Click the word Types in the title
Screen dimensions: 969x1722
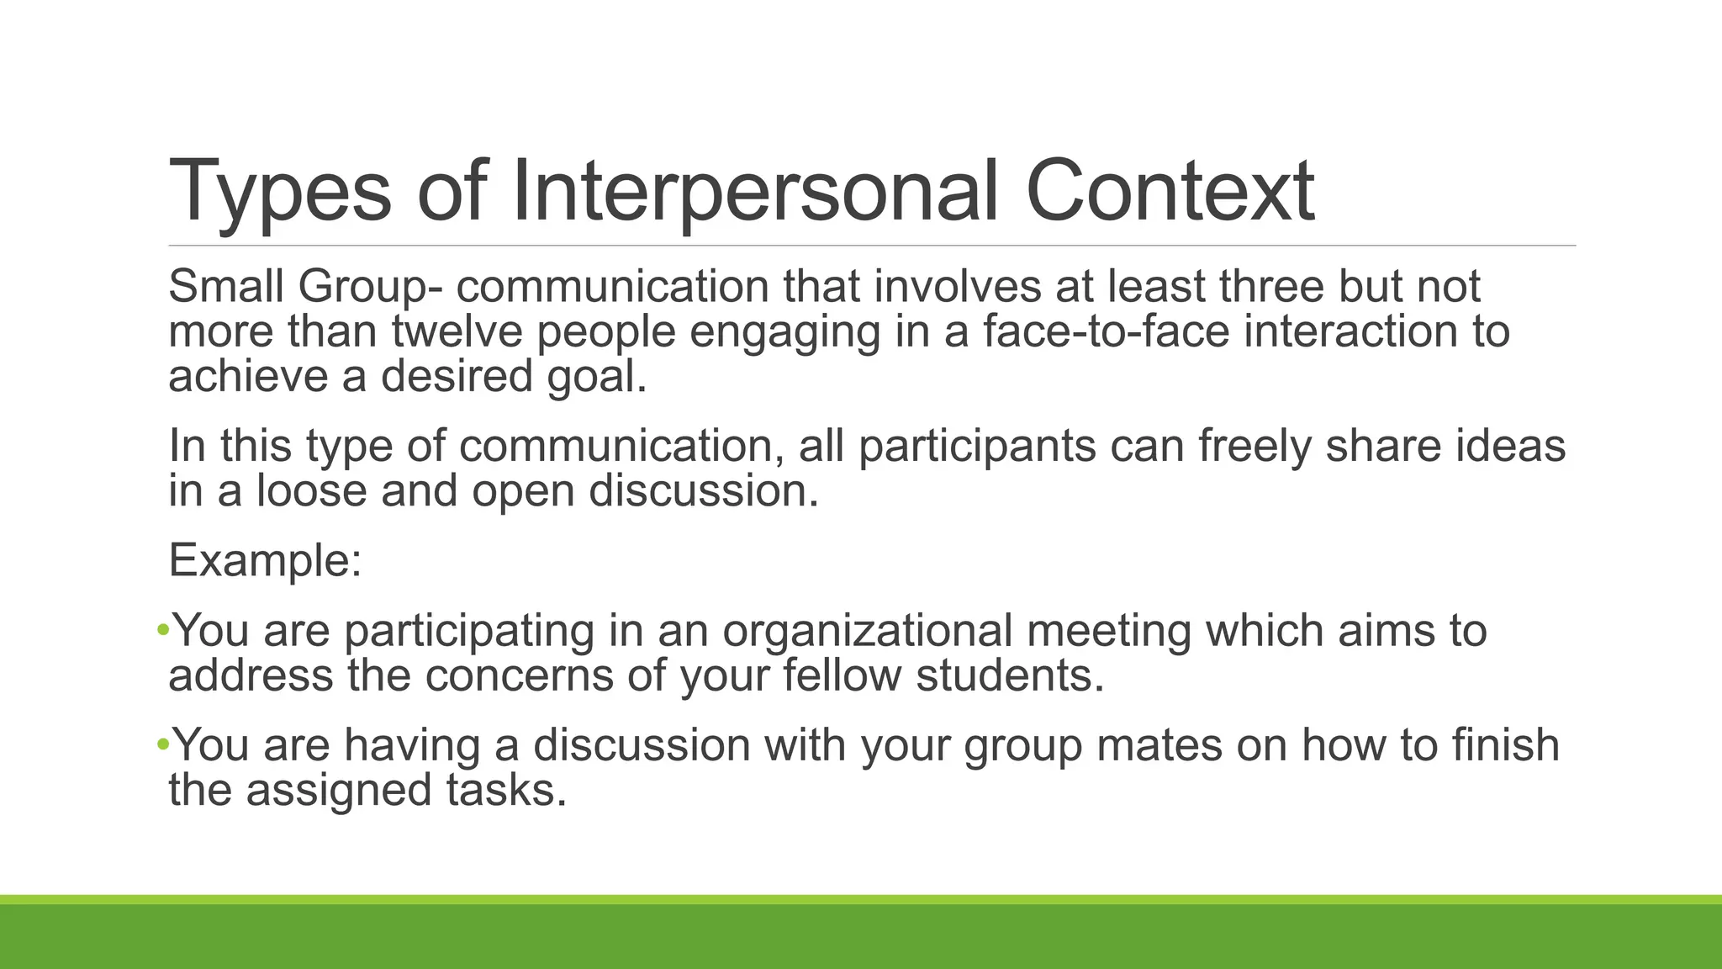(x=280, y=192)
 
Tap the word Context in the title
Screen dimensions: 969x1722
(x=1170, y=192)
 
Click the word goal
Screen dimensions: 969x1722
(x=597, y=377)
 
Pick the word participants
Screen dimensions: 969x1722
(x=977, y=446)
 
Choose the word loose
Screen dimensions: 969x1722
(x=311, y=490)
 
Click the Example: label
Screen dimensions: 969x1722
(x=265, y=560)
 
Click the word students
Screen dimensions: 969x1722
(x=1010, y=675)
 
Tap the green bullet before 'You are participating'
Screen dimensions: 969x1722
(x=162, y=629)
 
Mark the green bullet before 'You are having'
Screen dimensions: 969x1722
(x=162, y=744)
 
